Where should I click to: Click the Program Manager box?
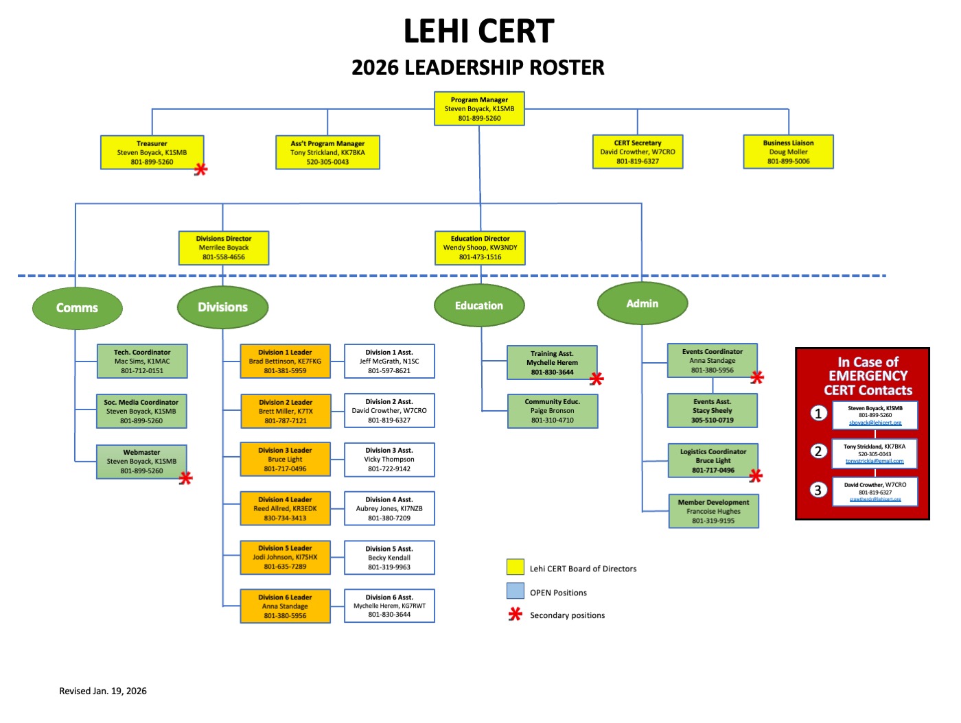(x=479, y=109)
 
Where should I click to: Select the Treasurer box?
(x=152, y=153)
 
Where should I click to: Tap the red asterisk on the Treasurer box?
(x=200, y=169)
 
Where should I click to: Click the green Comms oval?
(x=77, y=308)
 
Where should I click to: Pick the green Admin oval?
(x=642, y=303)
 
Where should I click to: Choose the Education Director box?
(x=480, y=248)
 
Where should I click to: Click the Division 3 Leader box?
(x=285, y=460)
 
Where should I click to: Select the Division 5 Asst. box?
(x=389, y=558)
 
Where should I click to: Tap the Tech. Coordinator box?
(x=142, y=361)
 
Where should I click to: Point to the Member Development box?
(x=713, y=511)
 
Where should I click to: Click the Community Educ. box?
(x=552, y=411)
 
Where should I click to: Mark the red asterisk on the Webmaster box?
(x=185, y=478)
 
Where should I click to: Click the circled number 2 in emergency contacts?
(x=818, y=451)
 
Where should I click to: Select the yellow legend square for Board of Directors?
(x=515, y=567)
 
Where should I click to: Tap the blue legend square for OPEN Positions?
(x=515, y=591)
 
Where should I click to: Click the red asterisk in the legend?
(x=515, y=615)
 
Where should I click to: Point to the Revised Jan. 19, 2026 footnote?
(x=103, y=691)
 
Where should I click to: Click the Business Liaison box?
(x=788, y=152)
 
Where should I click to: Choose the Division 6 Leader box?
(x=285, y=606)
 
